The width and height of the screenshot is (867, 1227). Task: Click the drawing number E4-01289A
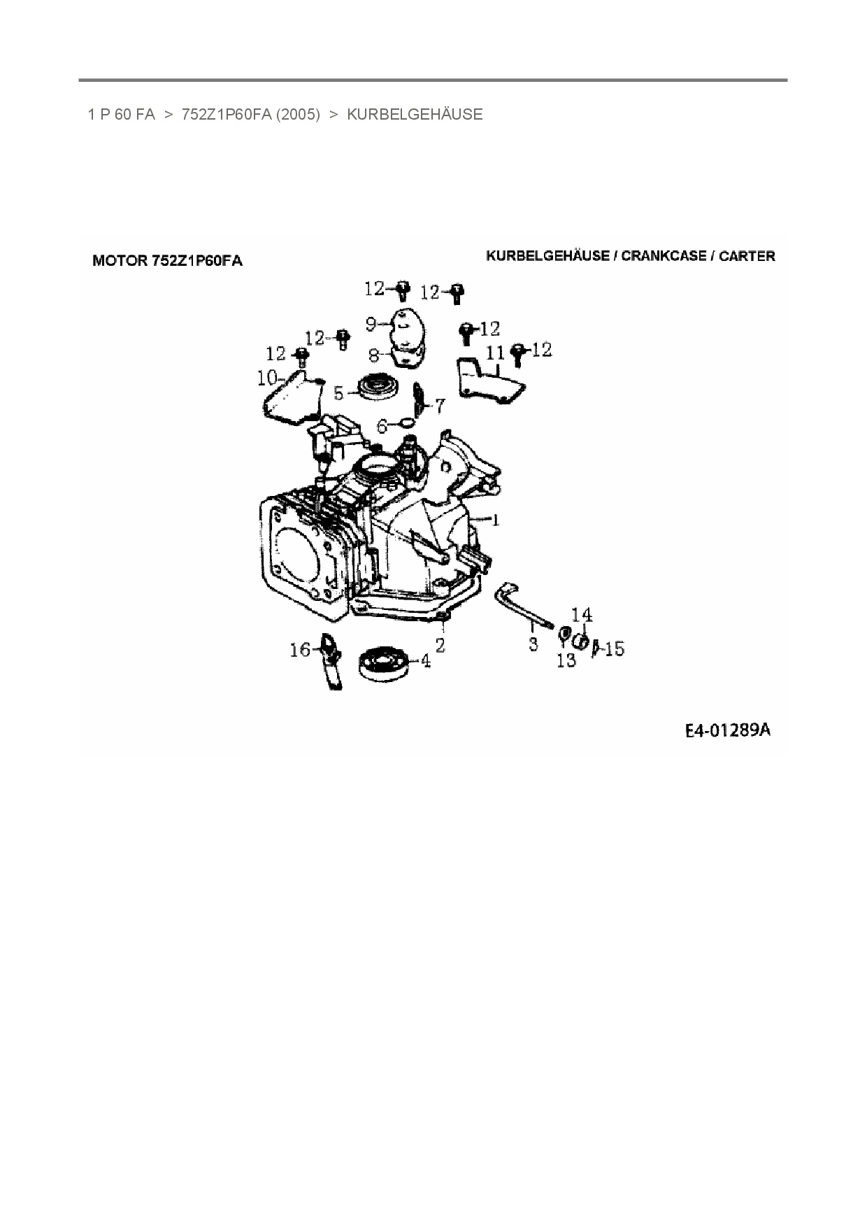coord(727,730)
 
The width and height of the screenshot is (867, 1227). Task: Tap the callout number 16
coord(300,651)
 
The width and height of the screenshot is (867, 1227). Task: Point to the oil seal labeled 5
coord(378,386)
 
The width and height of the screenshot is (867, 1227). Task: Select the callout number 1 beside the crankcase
coord(496,520)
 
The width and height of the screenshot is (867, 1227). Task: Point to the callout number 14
coord(582,615)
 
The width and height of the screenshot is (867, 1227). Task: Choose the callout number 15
coord(614,649)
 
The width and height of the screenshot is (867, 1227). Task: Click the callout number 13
coord(566,660)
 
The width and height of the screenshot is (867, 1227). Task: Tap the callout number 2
coord(440,644)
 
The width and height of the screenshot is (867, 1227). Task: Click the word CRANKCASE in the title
coord(664,256)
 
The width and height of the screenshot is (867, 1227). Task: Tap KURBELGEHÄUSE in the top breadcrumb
coord(415,115)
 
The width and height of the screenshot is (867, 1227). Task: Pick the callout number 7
coord(440,405)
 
